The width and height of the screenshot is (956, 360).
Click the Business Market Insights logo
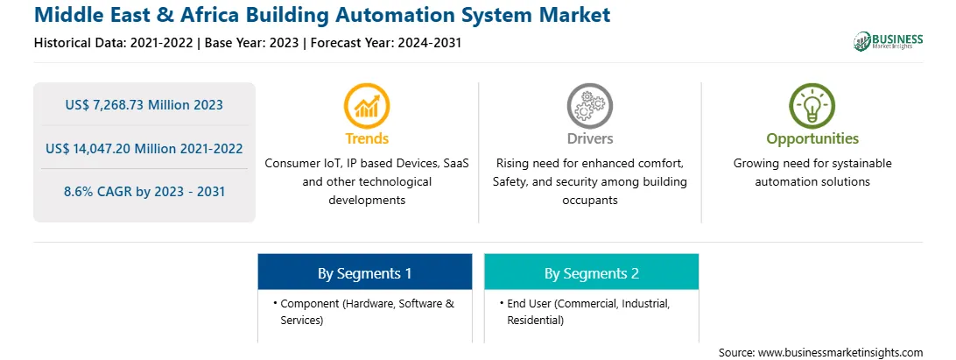888,41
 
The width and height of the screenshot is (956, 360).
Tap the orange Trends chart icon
367,106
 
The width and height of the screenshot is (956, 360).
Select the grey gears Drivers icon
589,106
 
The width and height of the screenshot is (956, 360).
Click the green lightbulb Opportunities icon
812,106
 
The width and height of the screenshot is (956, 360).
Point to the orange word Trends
367,138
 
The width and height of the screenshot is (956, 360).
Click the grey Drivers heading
590,138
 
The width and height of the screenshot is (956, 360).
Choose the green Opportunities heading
812,139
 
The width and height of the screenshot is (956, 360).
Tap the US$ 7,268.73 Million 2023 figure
144,104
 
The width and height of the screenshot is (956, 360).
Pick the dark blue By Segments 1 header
364,272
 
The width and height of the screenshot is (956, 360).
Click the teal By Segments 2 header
592,272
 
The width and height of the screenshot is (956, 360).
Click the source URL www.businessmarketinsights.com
841,352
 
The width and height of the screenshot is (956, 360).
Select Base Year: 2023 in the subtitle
252,43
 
